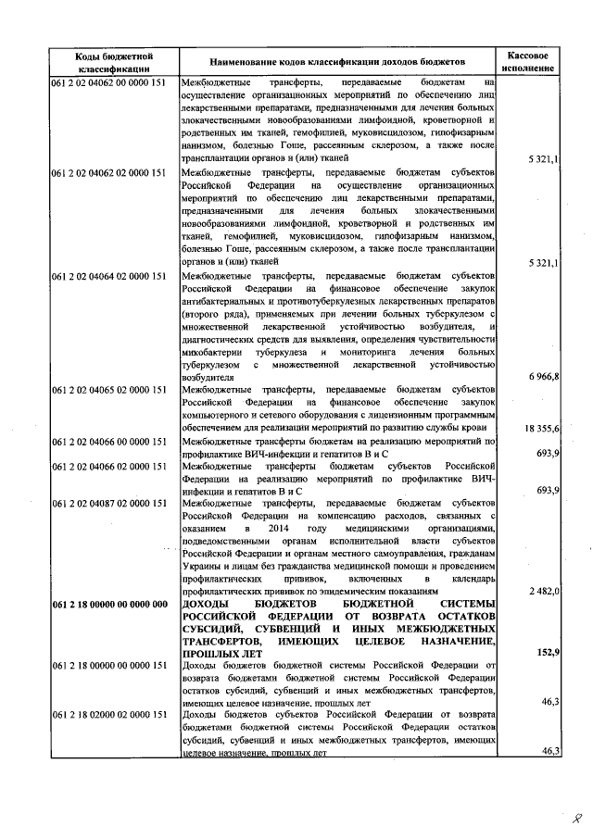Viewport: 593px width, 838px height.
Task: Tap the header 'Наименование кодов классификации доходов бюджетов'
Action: point(338,62)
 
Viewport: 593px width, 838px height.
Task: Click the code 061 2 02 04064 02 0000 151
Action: point(109,276)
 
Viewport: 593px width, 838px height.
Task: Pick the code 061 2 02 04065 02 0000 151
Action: point(109,392)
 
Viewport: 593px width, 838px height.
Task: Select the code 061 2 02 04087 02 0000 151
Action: point(109,503)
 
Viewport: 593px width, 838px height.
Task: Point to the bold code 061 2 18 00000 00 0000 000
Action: point(109,604)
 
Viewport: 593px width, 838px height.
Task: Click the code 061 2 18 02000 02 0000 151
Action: point(109,715)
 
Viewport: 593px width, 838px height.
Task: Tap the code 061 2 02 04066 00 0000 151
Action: point(109,443)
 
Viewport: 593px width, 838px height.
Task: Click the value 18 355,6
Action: point(540,430)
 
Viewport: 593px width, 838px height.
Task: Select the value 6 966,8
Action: point(542,378)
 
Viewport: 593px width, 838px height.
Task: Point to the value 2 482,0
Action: point(543,591)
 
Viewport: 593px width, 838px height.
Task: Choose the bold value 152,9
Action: point(547,653)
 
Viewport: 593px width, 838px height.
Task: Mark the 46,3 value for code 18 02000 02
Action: point(549,751)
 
